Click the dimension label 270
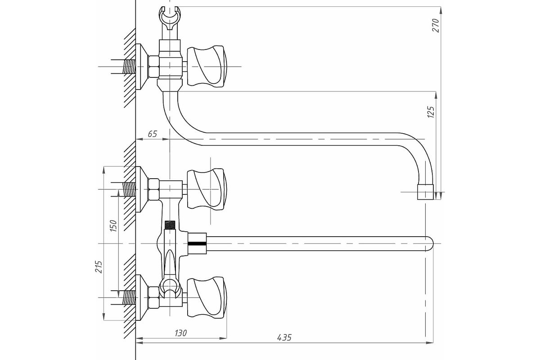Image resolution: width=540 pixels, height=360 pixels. [x=436, y=25]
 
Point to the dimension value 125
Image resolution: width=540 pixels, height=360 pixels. [x=431, y=112]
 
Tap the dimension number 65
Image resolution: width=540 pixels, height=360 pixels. [x=153, y=134]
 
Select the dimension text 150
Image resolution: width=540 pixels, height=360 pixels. [x=113, y=225]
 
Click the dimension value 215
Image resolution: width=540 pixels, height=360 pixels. [x=99, y=266]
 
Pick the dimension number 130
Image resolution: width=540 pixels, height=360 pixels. [x=180, y=333]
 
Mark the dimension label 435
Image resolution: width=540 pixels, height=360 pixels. [x=284, y=337]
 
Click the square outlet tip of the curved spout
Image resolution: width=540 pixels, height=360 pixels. [x=425, y=192]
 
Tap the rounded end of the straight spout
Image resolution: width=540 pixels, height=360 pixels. [x=429, y=244]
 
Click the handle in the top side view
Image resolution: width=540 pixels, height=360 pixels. [x=207, y=66]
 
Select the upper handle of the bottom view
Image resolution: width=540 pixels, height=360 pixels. [x=207, y=189]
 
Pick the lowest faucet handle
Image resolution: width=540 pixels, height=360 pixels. [x=207, y=297]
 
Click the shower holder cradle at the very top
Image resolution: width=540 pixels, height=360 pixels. [x=170, y=18]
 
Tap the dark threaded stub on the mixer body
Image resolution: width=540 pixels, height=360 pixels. [x=170, y=225]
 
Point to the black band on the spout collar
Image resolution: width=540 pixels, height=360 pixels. [x=197, y=244]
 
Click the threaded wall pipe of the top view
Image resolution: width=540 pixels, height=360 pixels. [x=129, y=67]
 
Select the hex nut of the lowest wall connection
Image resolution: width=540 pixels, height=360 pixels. [x=153, y=297]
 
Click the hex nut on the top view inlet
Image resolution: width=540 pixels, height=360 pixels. [x=153, y=67]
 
